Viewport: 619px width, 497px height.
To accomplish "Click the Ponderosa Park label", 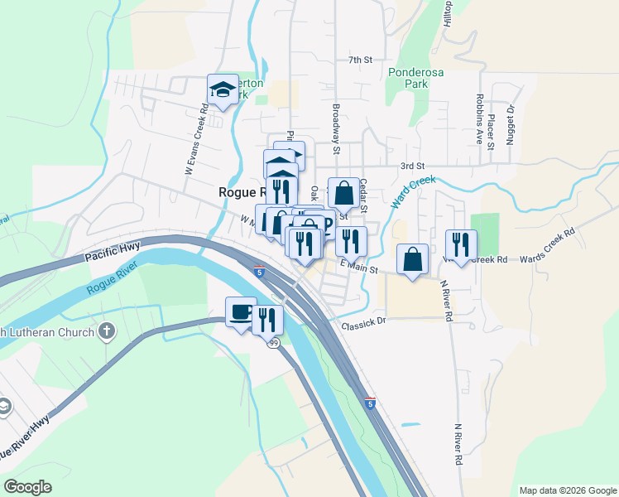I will click(416, 78).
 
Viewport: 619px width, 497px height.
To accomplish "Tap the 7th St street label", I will click(362, 60).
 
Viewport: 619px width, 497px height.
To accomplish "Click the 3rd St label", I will click(411, 166).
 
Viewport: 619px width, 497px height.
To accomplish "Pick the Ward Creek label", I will click(412, 192).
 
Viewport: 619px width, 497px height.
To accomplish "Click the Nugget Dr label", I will click(511, 120).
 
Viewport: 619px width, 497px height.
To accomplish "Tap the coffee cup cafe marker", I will click(241, 312).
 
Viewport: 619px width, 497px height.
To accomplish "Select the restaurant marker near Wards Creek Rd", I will click(461, 244).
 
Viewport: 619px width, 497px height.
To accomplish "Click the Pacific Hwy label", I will click(113, 253).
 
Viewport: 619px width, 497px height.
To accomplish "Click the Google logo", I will click(27, 487).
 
